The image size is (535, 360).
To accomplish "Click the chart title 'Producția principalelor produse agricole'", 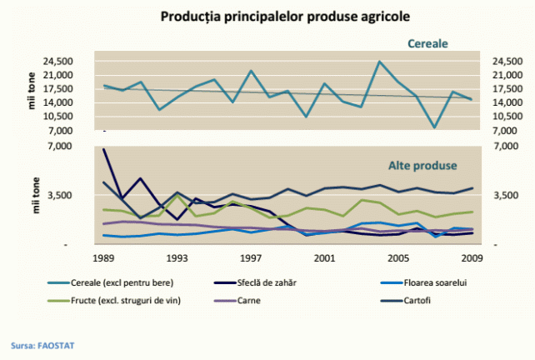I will tap(267, 17).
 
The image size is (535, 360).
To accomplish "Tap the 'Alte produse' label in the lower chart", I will tap(422, 165).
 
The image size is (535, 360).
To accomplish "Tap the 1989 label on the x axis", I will tap(103, 258).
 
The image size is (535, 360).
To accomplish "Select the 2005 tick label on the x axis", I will tap(398, 258).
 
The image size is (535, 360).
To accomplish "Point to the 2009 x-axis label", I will tap(472, 258).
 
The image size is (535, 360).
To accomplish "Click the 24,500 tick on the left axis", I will tap(72, 62).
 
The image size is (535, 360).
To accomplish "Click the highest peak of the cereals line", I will tap(379, 62).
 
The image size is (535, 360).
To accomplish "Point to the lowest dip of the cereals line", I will tap(434, 127).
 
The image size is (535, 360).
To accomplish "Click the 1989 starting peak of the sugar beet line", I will tap(104, 150).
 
